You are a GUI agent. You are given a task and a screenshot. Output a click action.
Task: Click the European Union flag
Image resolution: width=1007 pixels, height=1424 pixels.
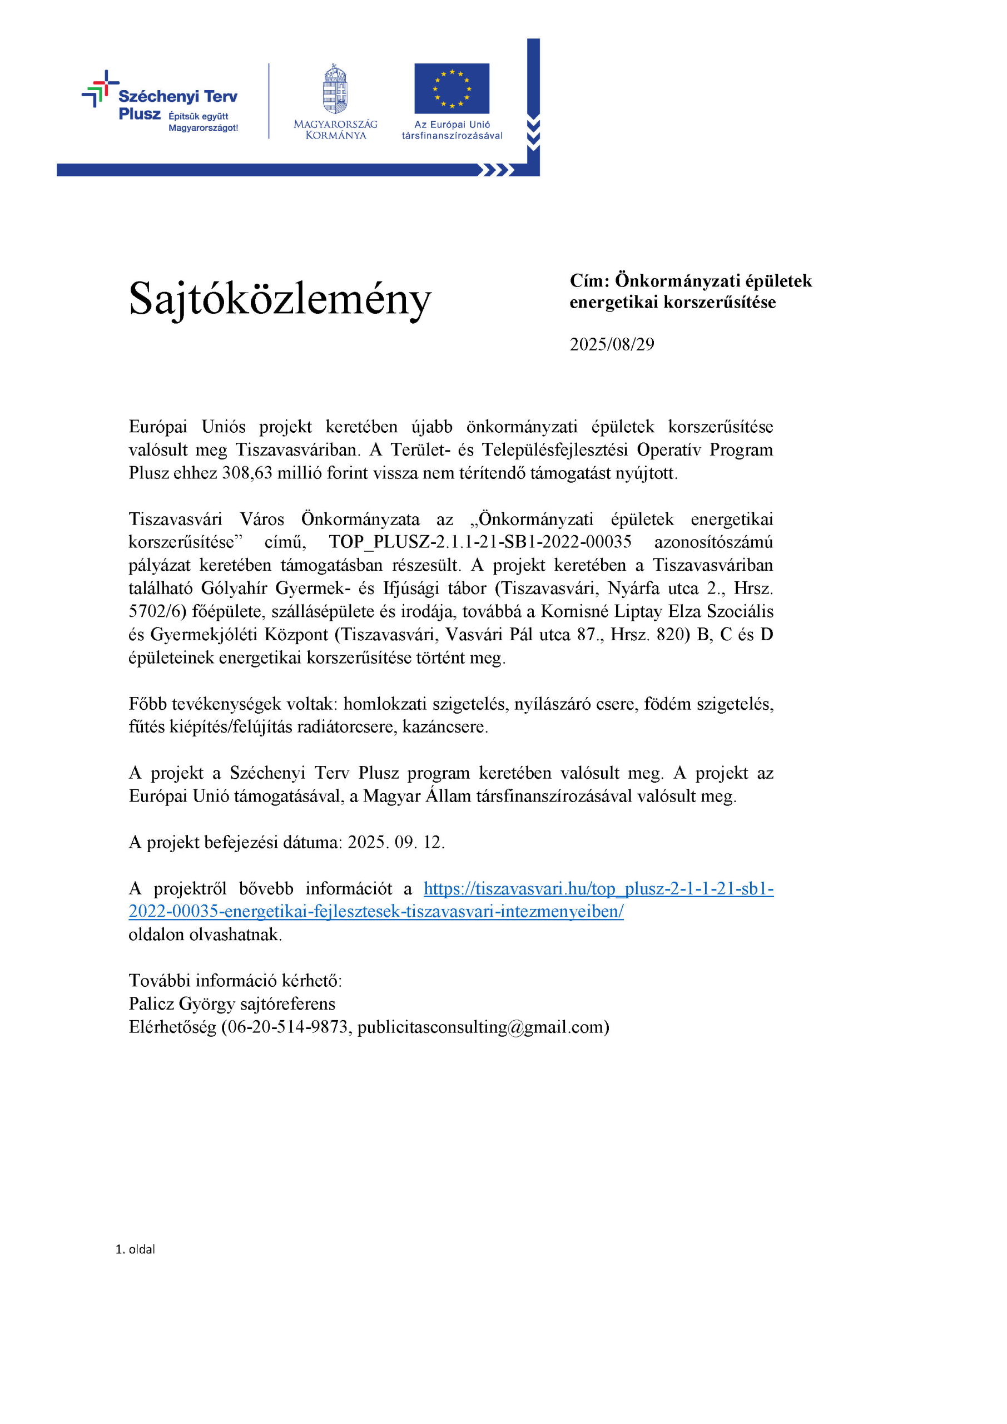point(452,88)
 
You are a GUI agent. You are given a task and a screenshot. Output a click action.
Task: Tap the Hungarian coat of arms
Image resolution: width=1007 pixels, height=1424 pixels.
point(335,88)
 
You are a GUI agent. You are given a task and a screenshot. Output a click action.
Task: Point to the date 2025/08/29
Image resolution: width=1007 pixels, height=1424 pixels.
point(612,344)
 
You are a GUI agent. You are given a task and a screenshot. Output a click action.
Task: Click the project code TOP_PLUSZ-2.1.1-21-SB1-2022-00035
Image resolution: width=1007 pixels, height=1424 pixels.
point(480,542)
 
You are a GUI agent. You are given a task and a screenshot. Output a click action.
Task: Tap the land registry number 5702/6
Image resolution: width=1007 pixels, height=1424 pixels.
point(156,611)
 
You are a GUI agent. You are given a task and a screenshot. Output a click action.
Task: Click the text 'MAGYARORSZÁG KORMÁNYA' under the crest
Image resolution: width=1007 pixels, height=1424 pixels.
point(335,130)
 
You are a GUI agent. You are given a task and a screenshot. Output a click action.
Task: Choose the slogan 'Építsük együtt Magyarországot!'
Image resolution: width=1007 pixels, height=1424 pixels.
point(203,122)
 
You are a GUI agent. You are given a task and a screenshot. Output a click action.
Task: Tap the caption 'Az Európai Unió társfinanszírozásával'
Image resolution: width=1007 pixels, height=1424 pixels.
point(452,130)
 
